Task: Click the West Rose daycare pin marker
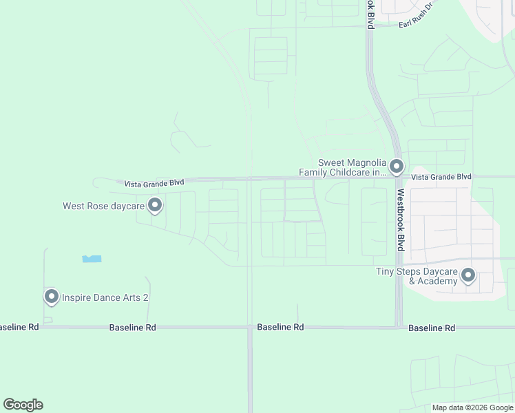click(155, 205)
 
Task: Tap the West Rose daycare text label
click(103, 206)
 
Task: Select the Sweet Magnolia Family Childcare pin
click(396, 167)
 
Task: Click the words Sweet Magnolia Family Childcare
click(342, 167)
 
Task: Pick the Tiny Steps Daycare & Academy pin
click(468, 276)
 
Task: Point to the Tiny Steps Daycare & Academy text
click(417, 276)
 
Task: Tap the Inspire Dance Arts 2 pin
click(52, 297)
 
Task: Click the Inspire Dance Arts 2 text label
click(105, 297)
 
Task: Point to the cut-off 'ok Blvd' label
click(370, 14)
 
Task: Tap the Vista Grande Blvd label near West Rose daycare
click(154, 184)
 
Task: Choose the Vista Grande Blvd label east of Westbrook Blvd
click(441, 177)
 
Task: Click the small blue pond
click(92, 259)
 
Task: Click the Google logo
click(23, 405)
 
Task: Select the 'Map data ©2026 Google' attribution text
click(472, 407)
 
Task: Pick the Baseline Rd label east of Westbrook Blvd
click(432, 328)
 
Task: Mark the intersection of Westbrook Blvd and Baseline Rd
click(399, 327)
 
